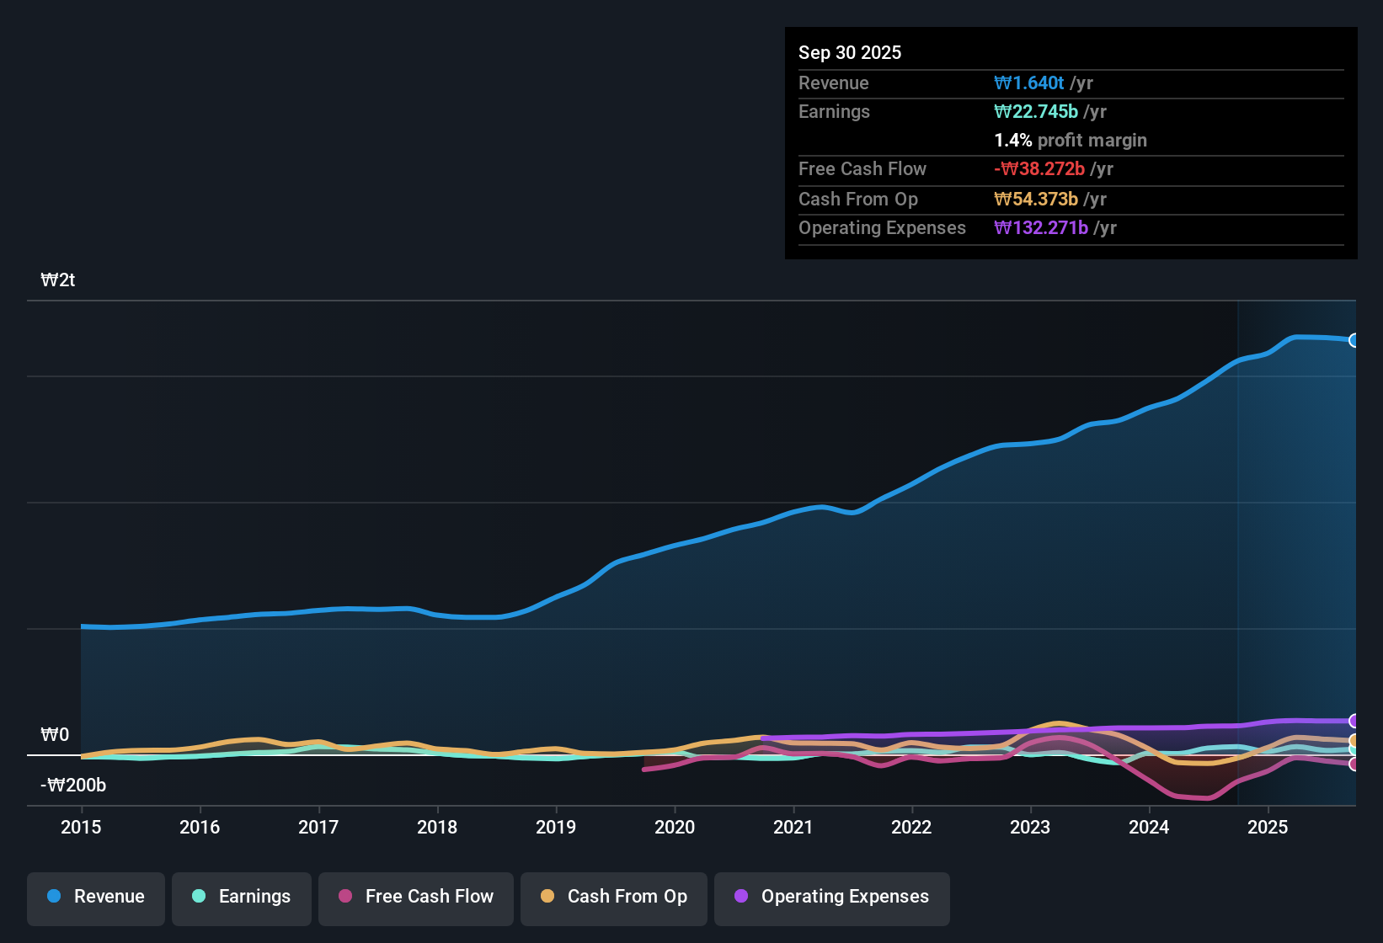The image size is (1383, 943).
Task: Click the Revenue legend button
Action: (x=96, y=897)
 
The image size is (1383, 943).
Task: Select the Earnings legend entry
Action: (x=242, y=897)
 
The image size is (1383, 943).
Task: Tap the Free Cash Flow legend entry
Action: (x=416, y=897)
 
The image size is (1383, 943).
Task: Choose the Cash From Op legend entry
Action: (x=614, y=897)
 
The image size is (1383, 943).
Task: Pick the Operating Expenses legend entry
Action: (x=832, y=897)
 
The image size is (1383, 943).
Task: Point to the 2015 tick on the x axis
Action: (x=81, y=827)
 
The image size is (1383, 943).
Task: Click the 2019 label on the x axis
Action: (x=556, y=827)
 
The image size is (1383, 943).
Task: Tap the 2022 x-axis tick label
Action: (x=911, y=827)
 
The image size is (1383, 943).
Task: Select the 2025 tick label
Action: (x=1268, y=827)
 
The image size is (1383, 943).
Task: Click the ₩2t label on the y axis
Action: (x=58, y=280)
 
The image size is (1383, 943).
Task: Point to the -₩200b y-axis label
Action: (x=73, y=786)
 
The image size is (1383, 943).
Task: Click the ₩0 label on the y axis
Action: (x=55, y=735)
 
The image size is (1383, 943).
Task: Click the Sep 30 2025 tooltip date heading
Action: (x=850, y=52)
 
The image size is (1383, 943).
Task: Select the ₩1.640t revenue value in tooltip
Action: (x=1029, y=83)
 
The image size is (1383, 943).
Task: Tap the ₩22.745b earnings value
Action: (x=1036, y=111)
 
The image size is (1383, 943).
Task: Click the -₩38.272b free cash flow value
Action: (x=1039, y=168)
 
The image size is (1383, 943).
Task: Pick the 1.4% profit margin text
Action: (x=1071, y=140)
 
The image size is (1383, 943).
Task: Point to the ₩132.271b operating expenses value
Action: (x=1041, y=227)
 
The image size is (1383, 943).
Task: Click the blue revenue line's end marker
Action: (x=1354, y=340)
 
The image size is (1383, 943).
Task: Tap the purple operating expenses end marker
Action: (x=1354, y=721)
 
